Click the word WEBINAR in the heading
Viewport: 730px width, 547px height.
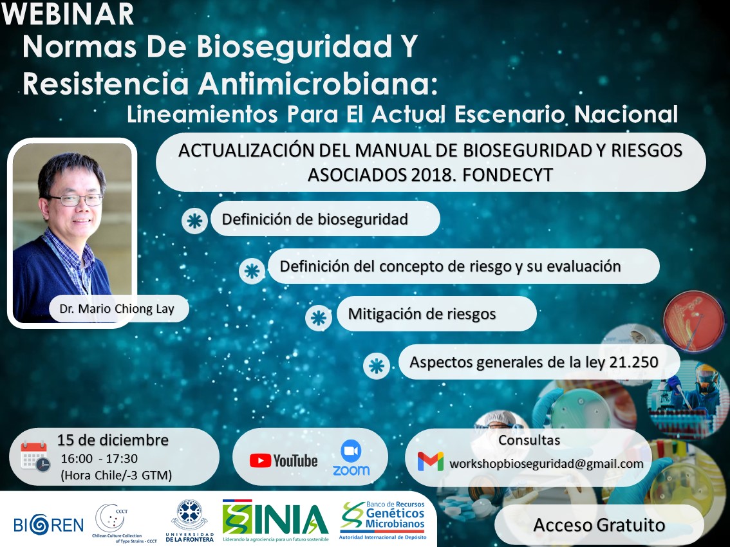pos(68,14)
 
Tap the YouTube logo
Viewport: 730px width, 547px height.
pos(283,460)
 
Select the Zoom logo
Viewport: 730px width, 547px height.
pos(351,458)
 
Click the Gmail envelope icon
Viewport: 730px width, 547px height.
pos(430,461)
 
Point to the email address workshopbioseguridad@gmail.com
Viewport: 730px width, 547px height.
pos(546,464)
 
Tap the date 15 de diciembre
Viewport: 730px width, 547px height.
pos(113,440)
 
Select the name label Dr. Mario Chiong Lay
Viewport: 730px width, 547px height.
pos(117,309)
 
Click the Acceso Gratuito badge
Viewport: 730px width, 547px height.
pos(599,524)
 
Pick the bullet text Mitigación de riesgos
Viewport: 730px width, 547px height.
pos(422,314)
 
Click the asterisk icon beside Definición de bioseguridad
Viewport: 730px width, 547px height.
pos(194,220)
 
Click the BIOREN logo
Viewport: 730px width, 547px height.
pos(48,524)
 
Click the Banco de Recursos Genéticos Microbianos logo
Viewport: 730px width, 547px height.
pos(382,519)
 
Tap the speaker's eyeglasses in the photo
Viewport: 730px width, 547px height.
pos(75,200)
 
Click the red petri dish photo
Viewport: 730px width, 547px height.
pos(693,320)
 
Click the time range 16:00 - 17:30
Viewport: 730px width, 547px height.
pos(98,459)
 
